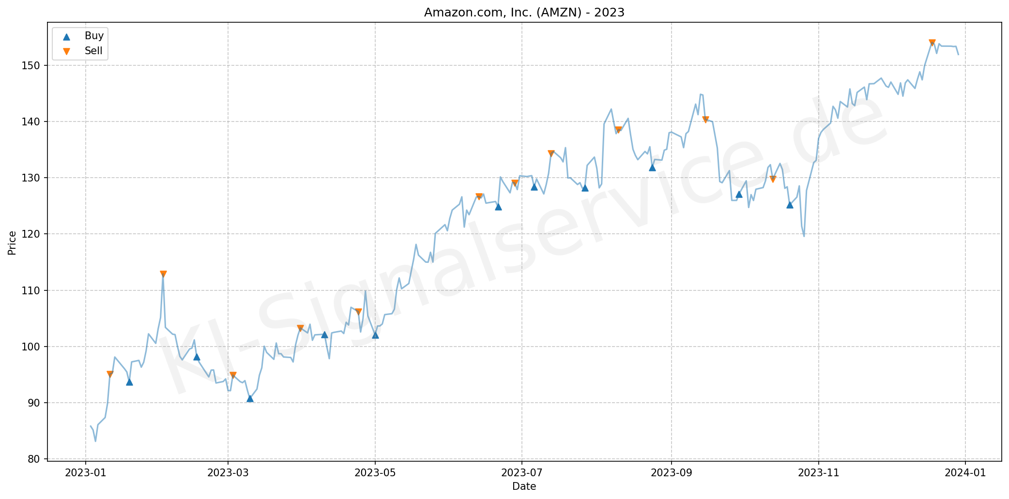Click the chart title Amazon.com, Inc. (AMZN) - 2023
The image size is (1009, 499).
524,13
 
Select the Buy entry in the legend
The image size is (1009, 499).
94,36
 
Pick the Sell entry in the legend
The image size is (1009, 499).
93,51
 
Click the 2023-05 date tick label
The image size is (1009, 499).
375,472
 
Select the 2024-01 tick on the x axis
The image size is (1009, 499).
965,472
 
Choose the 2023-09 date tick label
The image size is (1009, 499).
671,472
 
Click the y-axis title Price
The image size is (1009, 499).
12,242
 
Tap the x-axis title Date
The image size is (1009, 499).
524,486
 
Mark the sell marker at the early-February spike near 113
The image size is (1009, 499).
163,274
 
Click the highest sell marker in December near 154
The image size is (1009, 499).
932,43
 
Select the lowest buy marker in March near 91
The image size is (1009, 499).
250,398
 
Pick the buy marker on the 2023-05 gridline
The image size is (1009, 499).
375,334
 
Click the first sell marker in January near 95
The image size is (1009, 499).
110,374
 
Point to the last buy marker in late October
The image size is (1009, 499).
790,205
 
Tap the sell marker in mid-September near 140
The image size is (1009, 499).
705,120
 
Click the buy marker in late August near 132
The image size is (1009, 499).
652,167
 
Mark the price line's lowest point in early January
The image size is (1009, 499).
95,441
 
